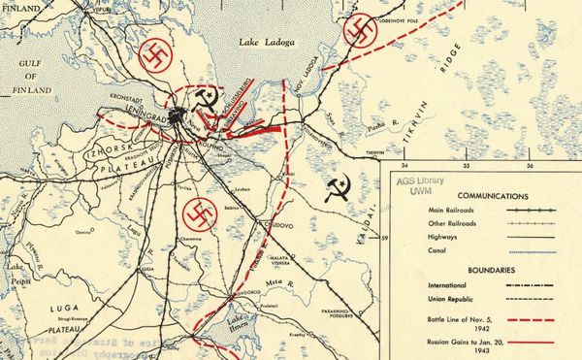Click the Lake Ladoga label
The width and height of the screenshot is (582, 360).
[x=267, y=43]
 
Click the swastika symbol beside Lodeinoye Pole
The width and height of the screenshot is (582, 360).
[x=359, y=33]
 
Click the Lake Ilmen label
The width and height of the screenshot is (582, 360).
[x=238, y=324]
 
